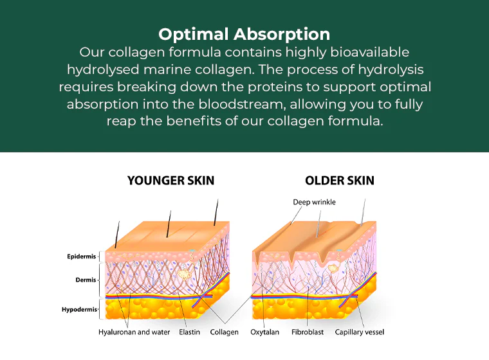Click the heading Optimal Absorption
244,33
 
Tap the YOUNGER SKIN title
171,181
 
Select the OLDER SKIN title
340,181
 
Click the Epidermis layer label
82,256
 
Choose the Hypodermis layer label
80,309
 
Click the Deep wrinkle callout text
314,202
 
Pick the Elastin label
189,332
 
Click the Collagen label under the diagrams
225,332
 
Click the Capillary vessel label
360,332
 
